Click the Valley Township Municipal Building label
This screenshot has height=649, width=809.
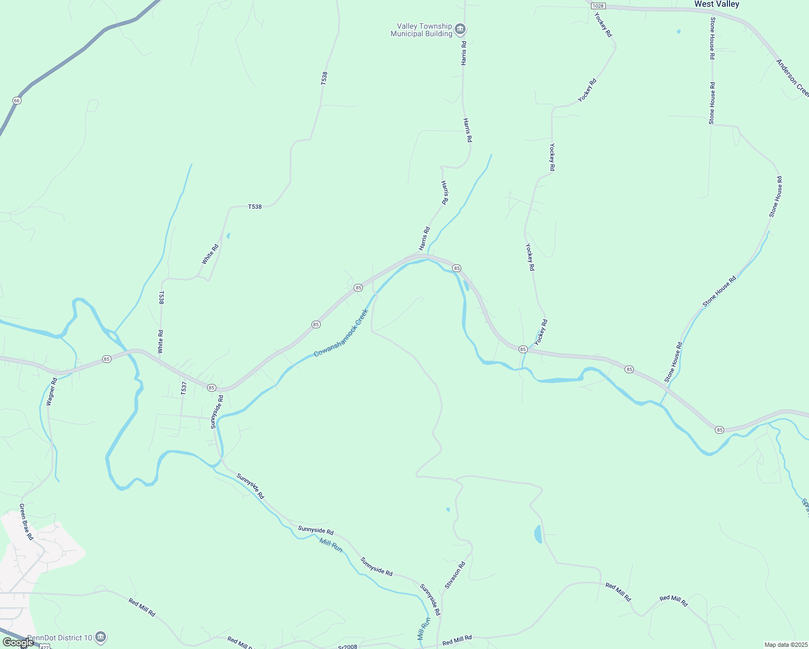pos(421,30)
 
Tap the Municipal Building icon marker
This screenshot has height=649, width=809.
pos(460,29)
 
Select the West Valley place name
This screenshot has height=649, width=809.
pos(717,4)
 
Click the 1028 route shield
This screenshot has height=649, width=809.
pos(598,5)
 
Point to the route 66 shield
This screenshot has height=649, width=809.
pos(17,101)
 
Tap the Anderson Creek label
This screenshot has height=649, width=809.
pos(792,78)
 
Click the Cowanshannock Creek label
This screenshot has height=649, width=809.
pos(341,333)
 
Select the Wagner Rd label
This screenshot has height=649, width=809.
pos(51,392)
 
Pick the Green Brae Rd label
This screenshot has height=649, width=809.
pos(26,522)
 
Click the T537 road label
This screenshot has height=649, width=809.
pos(184,388)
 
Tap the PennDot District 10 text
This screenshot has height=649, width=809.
pos(59,638)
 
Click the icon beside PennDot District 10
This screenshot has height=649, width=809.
pos(101,638)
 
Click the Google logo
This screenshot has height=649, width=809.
pos(17,643)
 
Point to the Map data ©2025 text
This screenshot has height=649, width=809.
pos(785,645)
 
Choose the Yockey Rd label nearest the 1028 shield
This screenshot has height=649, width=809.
pos(603,24)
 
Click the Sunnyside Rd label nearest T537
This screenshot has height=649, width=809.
pos(216,412)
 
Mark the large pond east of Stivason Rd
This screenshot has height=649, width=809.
pos(538,534)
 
